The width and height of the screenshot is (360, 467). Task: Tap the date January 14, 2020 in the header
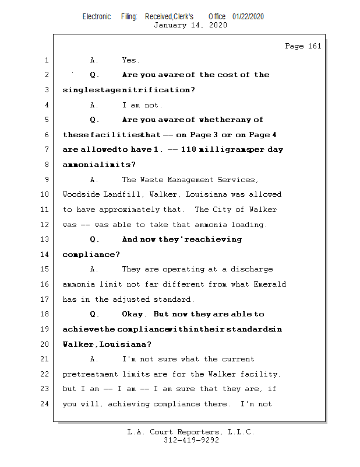click(190, 25)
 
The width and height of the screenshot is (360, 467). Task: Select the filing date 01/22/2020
click(248, 16)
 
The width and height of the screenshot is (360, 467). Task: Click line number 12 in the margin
click(46, 225)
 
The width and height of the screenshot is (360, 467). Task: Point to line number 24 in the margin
click(46, 404)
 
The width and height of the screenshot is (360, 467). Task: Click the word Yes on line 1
click(130, 60)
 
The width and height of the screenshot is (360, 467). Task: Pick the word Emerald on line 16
click(270, 284)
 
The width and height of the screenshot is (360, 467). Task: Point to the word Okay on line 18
click(135, 314)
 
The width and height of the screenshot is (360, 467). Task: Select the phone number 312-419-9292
click(191, 440)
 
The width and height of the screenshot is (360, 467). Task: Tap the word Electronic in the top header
click(97, 16)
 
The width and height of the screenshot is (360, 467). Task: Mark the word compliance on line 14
click(83, 255)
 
